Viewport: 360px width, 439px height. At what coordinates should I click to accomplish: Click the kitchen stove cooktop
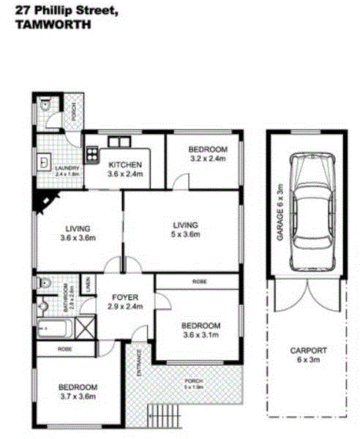tap(92, 154)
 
